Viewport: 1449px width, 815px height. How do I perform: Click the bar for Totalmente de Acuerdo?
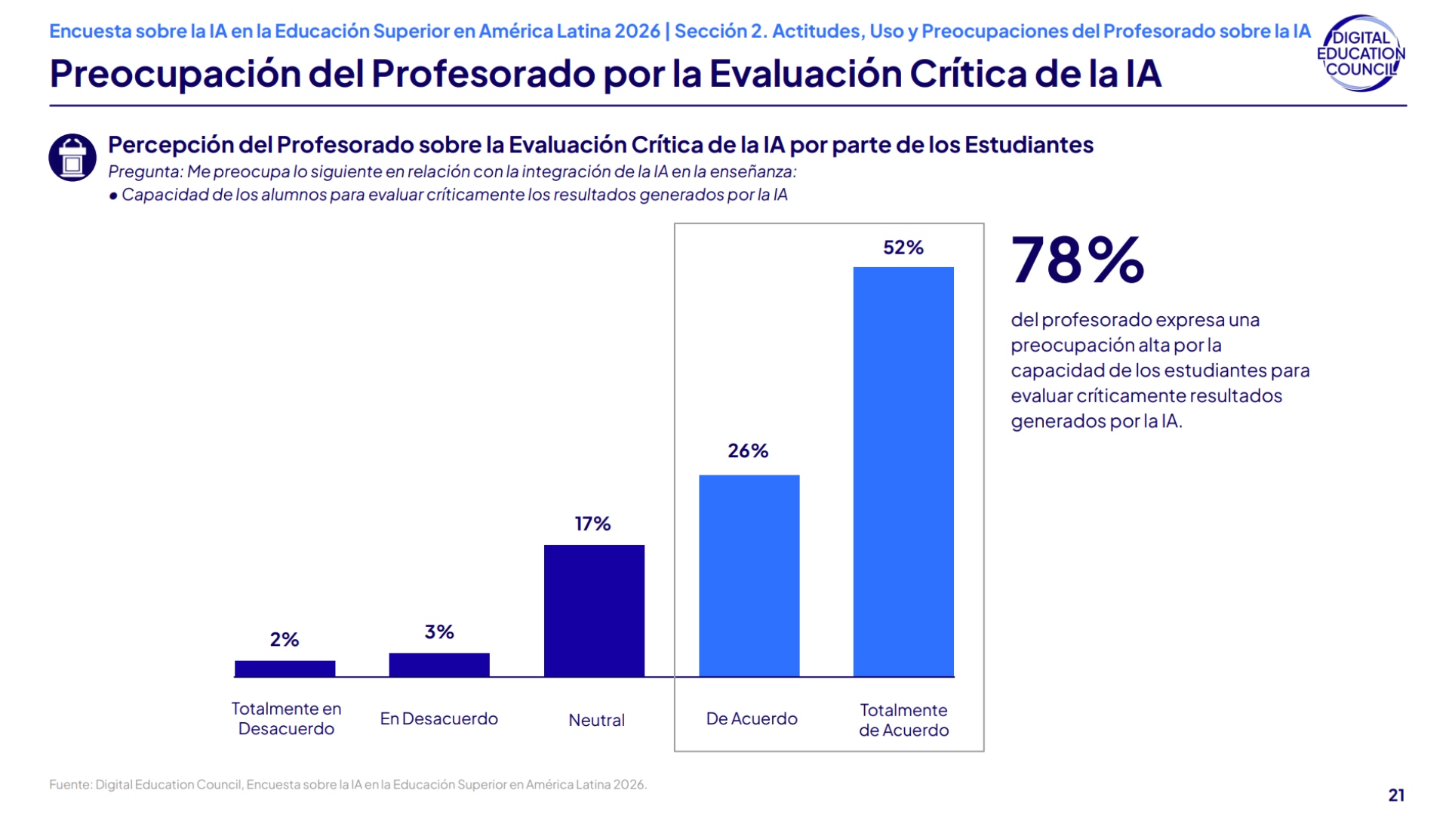903,472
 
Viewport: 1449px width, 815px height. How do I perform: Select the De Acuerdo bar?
749,575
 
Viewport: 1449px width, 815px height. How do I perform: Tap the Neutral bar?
594,610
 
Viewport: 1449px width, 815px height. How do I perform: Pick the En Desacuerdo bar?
439,665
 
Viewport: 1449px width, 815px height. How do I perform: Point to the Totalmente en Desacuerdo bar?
285,669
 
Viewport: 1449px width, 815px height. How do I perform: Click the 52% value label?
903,248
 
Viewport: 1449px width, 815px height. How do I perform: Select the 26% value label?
748,451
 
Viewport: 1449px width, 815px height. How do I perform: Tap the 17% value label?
592,524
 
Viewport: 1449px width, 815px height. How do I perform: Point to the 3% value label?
439,632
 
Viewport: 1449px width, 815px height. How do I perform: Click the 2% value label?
285,640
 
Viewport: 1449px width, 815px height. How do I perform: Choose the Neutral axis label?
596,720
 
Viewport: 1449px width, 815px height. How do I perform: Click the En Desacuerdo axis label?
438,718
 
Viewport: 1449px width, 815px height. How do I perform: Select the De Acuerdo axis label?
752,718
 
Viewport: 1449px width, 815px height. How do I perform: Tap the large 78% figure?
1077,260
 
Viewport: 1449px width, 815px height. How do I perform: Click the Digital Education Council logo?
1361,54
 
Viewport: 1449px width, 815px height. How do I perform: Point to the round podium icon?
72,157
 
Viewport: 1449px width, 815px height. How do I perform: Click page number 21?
1396,795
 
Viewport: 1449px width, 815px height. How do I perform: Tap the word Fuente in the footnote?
69,785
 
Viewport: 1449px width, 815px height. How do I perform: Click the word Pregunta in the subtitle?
144,172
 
